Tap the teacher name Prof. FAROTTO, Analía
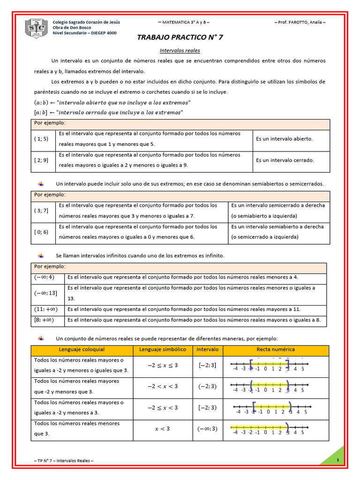[x=300, y=22]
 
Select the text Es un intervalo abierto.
[x=284, y=139]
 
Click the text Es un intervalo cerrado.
[x=285, y=160]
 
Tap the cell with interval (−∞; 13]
[x=45, y=293]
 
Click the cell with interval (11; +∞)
[x=45, y=309]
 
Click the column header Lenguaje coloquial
[x=82, y=350]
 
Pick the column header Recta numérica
[x=276, y=350]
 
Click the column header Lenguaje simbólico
[x=163, y=350]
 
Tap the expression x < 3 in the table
[x=163, y=429]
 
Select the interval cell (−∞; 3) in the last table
[x=208, y=429]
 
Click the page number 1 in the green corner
[x=337, y=460]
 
